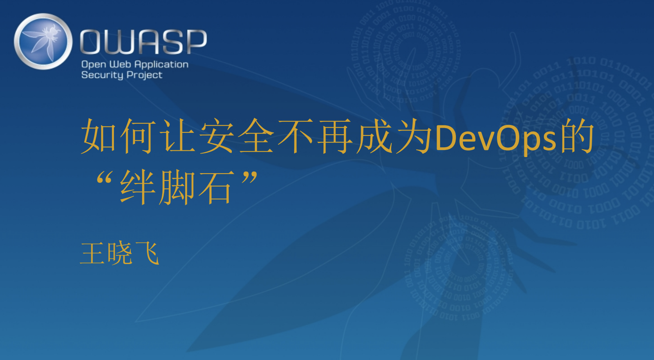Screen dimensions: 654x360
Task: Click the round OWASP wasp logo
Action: [43, 42]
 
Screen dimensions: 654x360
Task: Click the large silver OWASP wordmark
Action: [143, 42]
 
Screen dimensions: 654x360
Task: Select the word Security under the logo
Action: [102, 75]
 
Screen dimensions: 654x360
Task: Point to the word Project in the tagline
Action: [144, 75]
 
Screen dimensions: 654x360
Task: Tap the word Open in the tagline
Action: [94, 65]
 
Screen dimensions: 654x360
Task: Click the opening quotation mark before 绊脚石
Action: [104, 177]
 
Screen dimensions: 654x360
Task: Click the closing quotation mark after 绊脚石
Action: [249, 177]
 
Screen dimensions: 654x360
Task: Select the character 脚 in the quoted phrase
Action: [177, 187]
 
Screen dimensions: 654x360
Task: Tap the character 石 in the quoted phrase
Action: [216, 187]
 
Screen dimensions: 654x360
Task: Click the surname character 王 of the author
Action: [92, 253]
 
